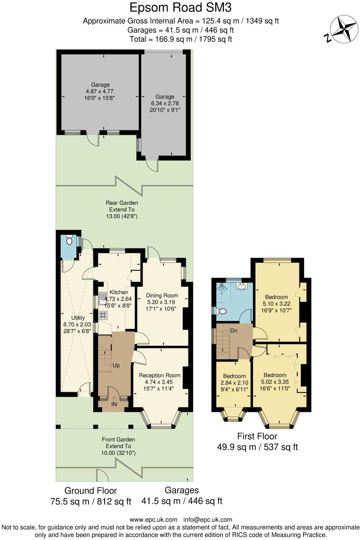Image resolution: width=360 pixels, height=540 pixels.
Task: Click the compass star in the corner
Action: coord(344,29)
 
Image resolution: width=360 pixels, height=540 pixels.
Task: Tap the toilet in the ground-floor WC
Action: coord(69,240)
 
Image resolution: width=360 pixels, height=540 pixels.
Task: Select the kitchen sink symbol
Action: coord(102,299)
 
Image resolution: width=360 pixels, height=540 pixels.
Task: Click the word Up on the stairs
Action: coord(116,365)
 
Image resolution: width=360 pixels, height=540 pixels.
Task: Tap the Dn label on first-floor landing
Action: coord(234,331)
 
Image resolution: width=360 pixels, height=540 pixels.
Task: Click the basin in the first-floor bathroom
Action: coord(242,286)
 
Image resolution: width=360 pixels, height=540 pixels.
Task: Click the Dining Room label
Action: coord(162,295)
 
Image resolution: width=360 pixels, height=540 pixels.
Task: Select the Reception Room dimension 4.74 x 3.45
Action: coord(159,382)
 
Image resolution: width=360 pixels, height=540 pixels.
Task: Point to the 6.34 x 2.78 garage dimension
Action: coord(165,103)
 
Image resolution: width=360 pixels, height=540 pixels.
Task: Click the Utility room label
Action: coord(78,318)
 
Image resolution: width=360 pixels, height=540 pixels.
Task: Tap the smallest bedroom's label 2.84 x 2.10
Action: coord(234,383)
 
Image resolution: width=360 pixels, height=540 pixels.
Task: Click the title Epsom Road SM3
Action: coord(180,8)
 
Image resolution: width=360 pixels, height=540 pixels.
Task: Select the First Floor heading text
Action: coord(257,436)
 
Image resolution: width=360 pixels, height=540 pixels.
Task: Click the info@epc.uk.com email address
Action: coord(208,520)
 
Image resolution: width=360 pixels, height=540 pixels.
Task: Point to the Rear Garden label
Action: coord(122,203)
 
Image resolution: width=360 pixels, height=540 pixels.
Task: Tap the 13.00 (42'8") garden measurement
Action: coord(122,216)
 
